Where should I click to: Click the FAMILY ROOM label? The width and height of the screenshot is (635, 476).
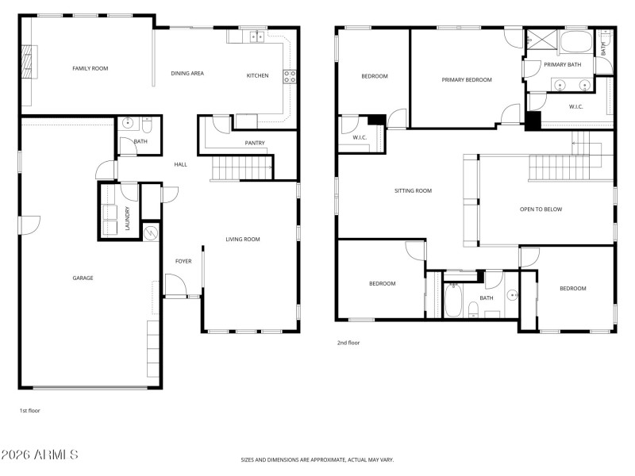point(90,69)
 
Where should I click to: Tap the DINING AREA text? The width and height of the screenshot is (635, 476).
point(187,74)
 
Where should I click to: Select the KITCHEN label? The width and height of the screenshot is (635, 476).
point(257,75)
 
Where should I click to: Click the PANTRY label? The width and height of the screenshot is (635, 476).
point(255,144)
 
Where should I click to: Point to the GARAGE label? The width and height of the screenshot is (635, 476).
point(83,278)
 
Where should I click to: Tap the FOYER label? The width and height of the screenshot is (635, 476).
point(183,261)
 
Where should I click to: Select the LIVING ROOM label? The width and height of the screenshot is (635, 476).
point(242,239)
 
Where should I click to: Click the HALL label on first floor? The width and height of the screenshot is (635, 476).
point(181,164)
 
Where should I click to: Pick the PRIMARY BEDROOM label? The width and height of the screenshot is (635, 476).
point(467,79)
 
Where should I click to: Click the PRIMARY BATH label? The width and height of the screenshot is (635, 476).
point(563,64)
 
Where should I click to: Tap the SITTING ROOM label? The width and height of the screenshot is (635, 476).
point(413,190)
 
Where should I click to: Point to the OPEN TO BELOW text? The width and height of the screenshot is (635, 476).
point(541,209)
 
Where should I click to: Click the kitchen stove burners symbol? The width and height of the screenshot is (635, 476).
point(291,77)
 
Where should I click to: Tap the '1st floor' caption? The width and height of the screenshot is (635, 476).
point(29,410)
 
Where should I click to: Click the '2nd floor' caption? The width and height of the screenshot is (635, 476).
point(348,344)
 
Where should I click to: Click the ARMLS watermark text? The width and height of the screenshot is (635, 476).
point(40,455)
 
